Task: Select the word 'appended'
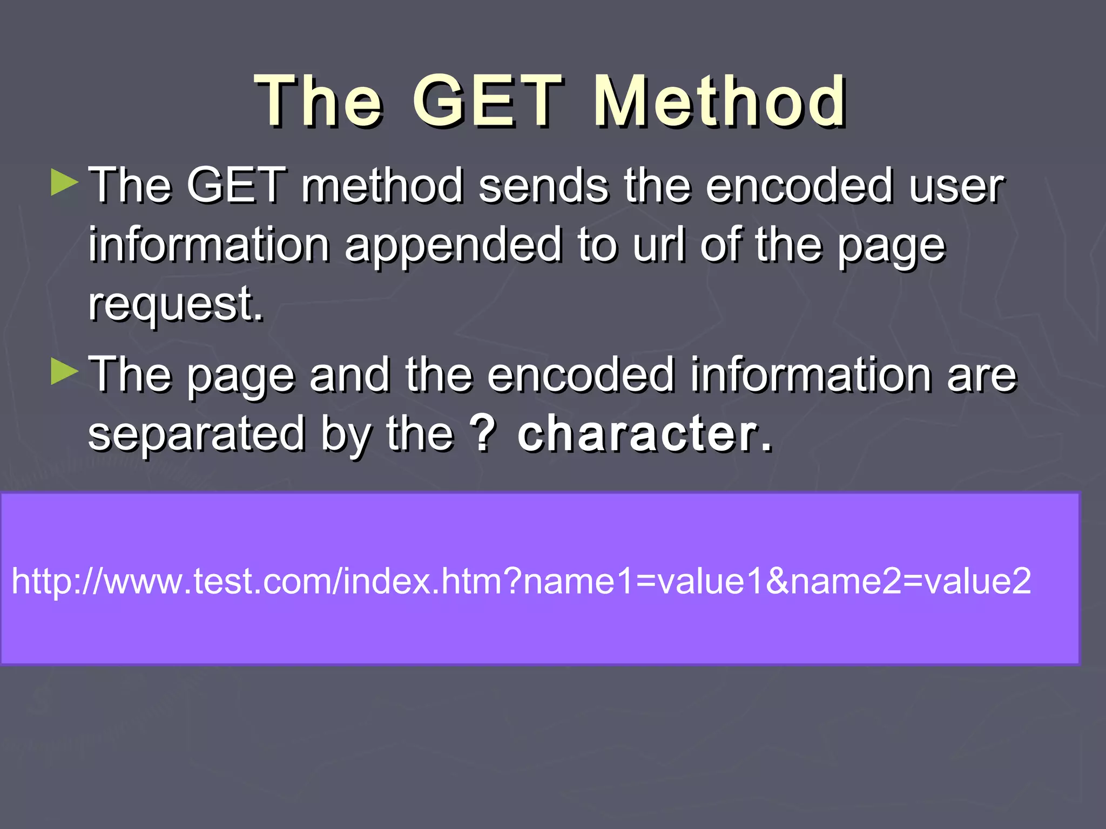(x=454, y=246)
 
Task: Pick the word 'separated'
(x=197, y=434)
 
